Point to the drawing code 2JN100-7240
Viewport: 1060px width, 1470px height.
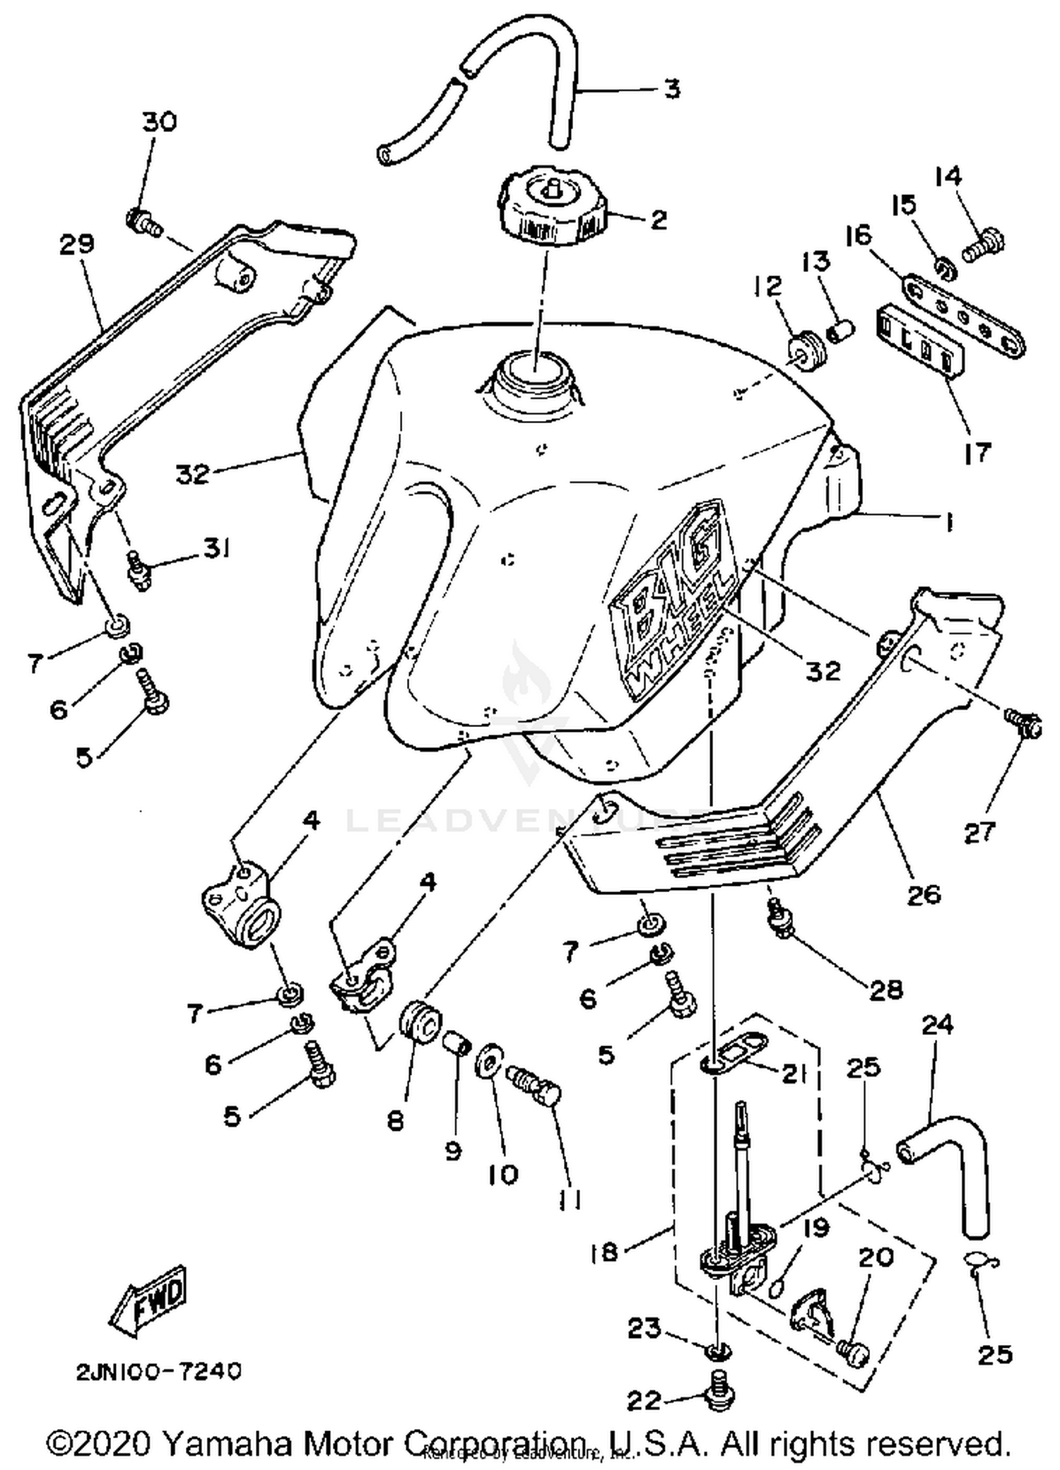159,1371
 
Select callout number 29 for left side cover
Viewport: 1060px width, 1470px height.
76,244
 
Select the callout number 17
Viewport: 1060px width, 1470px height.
977,452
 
